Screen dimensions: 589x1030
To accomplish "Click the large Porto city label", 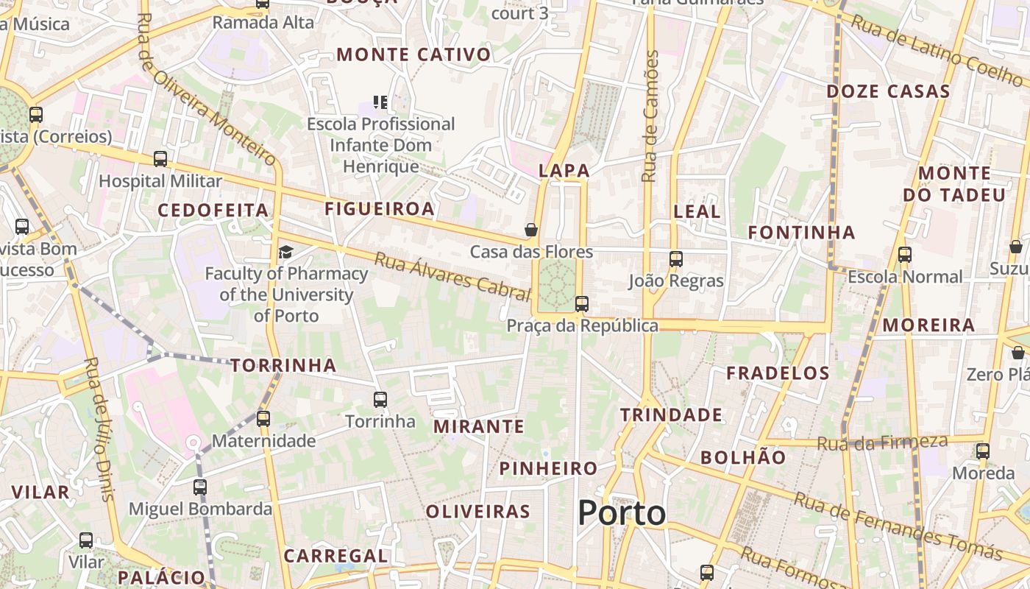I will (622, 512).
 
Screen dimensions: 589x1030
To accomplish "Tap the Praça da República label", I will (582, 325).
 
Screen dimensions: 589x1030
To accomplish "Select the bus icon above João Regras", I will (676, 259).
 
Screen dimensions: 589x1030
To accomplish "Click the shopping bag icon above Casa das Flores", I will (531, 230).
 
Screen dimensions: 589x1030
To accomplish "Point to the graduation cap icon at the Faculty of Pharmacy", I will (285, 253).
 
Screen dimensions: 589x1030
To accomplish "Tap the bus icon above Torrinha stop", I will (380, 400).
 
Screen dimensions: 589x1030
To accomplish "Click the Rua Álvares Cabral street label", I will (452, 277).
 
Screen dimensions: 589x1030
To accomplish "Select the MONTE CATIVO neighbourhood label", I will (413, 54).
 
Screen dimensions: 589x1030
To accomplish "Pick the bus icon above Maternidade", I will (263, 419).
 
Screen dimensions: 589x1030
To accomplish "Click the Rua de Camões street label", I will (650, 116).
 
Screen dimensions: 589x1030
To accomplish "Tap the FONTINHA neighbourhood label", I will (801, 233).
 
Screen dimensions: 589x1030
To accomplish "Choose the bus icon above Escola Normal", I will (905, 255).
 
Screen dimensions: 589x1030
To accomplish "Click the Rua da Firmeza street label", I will (882, 442).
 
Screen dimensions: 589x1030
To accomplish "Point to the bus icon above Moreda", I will (983, 451).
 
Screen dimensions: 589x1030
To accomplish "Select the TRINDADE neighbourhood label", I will (671, 415).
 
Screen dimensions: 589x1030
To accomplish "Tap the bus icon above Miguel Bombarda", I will (200, 487).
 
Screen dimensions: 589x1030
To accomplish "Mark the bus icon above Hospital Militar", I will (160, 159).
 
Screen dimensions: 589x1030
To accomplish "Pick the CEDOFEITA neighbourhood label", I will (213, 211).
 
